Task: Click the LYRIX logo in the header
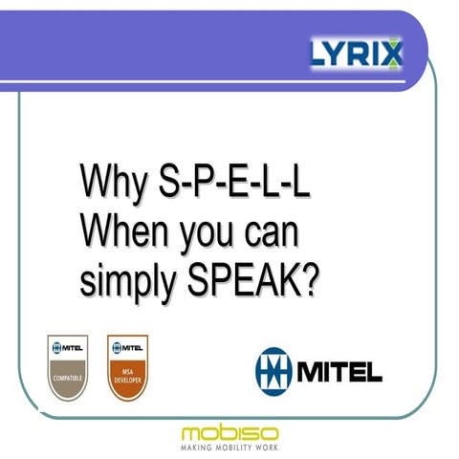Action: coord(357,51)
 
